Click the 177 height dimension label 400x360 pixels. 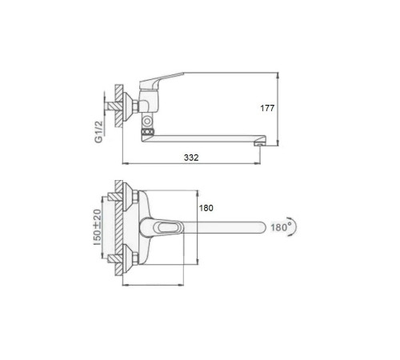click(267, 108)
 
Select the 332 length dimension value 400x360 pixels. click(191, 158)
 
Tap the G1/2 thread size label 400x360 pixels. click(98, 132)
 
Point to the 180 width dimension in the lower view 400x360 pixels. click(206, 208)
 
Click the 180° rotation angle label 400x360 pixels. click(279, 227)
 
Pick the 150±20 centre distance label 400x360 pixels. click(98, 227)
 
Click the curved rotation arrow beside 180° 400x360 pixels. click(294, 226)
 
